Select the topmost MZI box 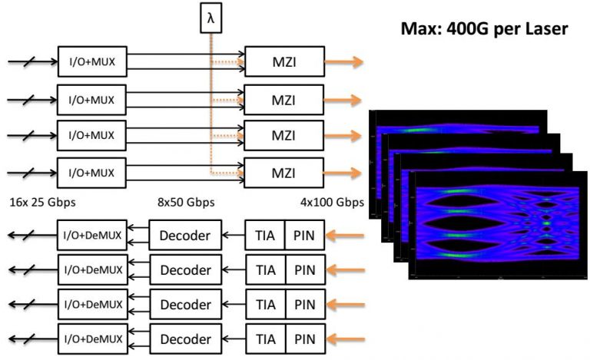tap(282, 61)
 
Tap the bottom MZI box tap(282, 173)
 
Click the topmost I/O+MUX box tap(93, 61)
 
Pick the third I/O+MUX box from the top tap(93, 136)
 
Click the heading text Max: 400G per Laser tap(484, 30)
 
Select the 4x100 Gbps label tap(333, 203)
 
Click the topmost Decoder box tap(184, 235)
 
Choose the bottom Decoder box tap(184, 339)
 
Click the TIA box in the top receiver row tap(264, 235)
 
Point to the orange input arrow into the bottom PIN tap(343, 339)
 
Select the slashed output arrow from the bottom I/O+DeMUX tap(29, 339)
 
